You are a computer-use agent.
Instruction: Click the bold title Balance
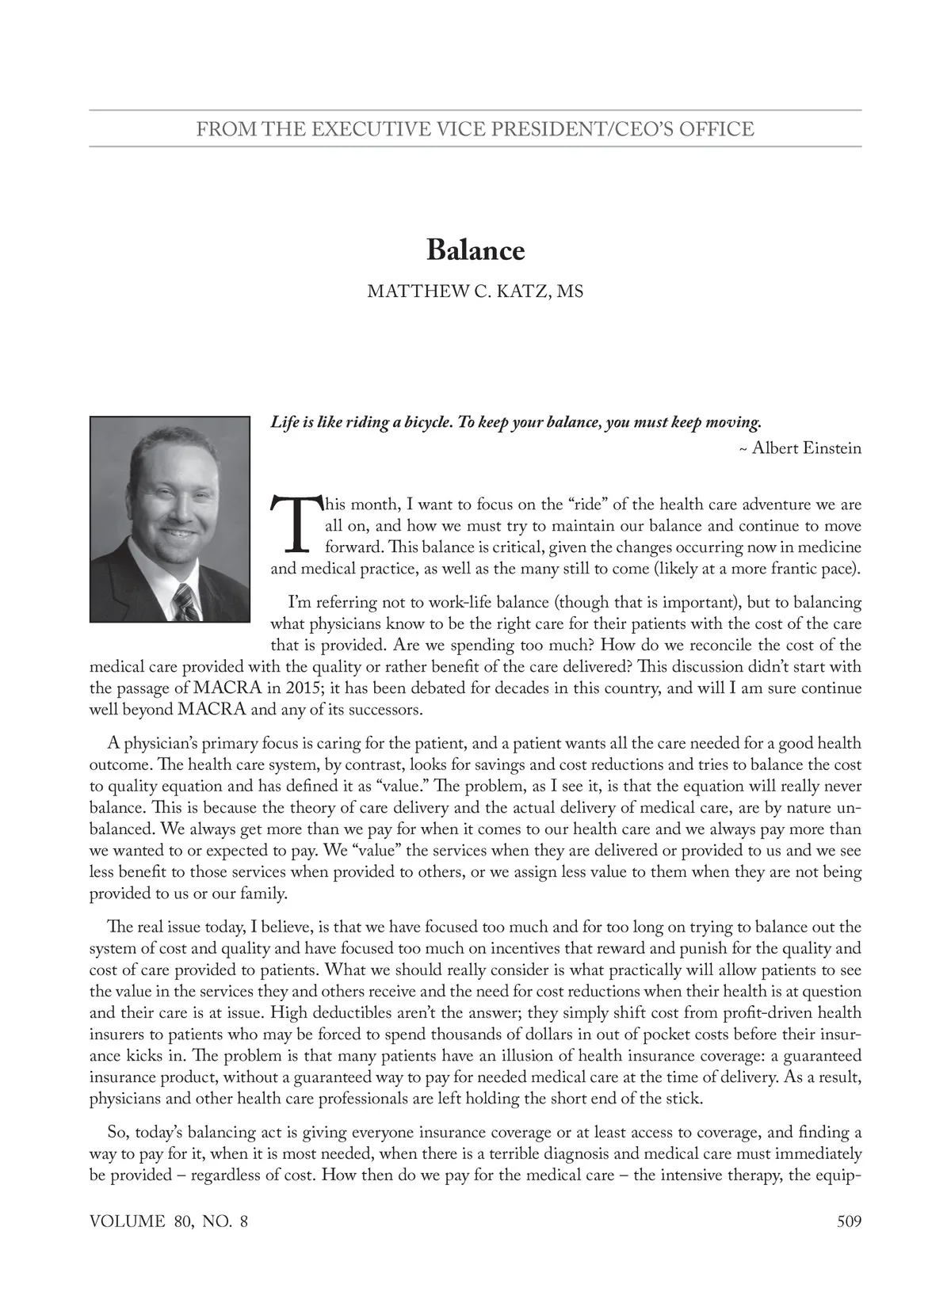coord(475,250)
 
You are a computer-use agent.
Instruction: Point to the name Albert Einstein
coord(806,448)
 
